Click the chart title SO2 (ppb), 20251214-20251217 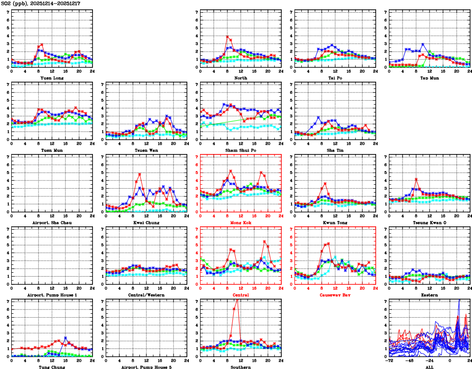(41, 3)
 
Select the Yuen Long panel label (51, 78)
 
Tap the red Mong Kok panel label (240, 222)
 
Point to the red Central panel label (240, 295)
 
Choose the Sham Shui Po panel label (240, 150)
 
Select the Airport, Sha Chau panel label (51, 222)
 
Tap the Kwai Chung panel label (146, 222)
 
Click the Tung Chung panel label (51, 367)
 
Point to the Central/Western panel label (146, 295)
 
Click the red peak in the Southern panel (237, 300)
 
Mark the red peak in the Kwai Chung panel (139, 174)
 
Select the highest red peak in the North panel (227, 37)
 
